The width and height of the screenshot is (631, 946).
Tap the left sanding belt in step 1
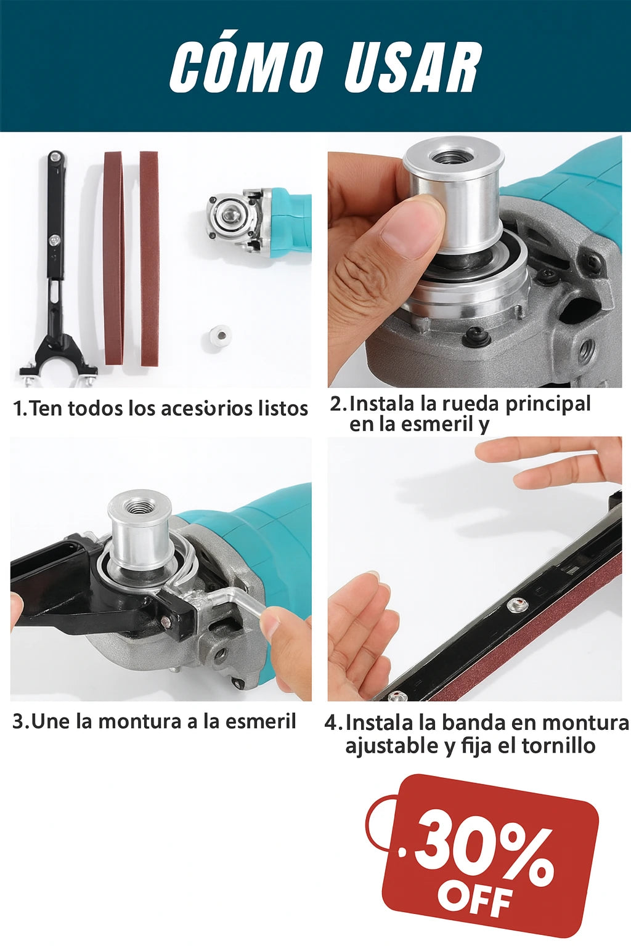point(113,259)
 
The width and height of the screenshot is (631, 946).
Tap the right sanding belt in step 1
point(149,259)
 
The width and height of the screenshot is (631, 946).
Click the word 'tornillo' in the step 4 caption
point(558,746)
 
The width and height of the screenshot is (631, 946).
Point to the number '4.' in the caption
point(333,722)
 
